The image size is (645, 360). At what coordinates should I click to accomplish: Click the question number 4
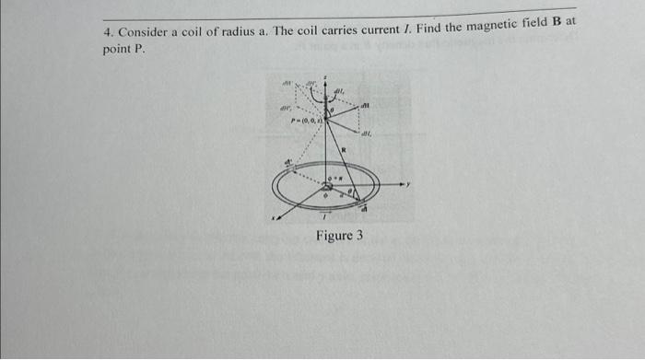tap(107, 33)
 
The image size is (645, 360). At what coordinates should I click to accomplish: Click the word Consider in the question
tap(143, 32)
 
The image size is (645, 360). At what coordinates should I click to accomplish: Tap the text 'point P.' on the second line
tap(123, 50)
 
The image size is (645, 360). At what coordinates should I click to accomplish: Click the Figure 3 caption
tap(339, 236)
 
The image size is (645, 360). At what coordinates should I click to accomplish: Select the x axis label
tap(274, 218)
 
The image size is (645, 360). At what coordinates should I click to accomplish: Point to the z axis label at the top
tap(326, 81)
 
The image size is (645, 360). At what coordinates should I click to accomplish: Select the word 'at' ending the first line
tap(582, 20)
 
